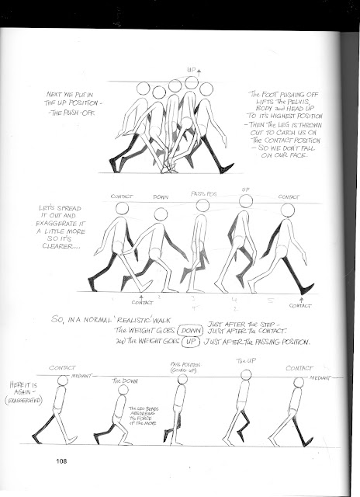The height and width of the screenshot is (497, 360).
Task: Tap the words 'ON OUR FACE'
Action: pos(275,153)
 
